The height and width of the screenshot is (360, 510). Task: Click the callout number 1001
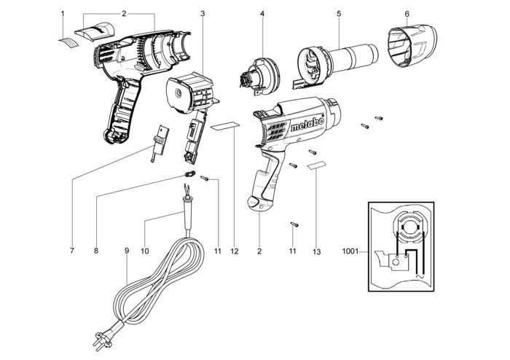(349, 251)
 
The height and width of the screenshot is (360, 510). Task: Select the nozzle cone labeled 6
(408, 44)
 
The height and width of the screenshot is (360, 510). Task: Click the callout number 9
(127, 251)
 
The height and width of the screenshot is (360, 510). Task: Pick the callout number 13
(315, 251)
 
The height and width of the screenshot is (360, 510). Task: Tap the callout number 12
(235, 251)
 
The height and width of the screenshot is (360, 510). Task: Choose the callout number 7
(72, 251)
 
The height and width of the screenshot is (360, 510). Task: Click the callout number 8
(96, 251)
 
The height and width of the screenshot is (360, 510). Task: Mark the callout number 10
(144, 251)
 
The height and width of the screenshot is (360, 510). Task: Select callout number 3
(202, 13)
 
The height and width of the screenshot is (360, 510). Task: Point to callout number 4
(262, 13)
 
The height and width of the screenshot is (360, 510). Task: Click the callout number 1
(63, 13)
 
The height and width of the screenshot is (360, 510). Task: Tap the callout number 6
(407, 13)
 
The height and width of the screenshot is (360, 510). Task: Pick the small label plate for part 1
(68, 42)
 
